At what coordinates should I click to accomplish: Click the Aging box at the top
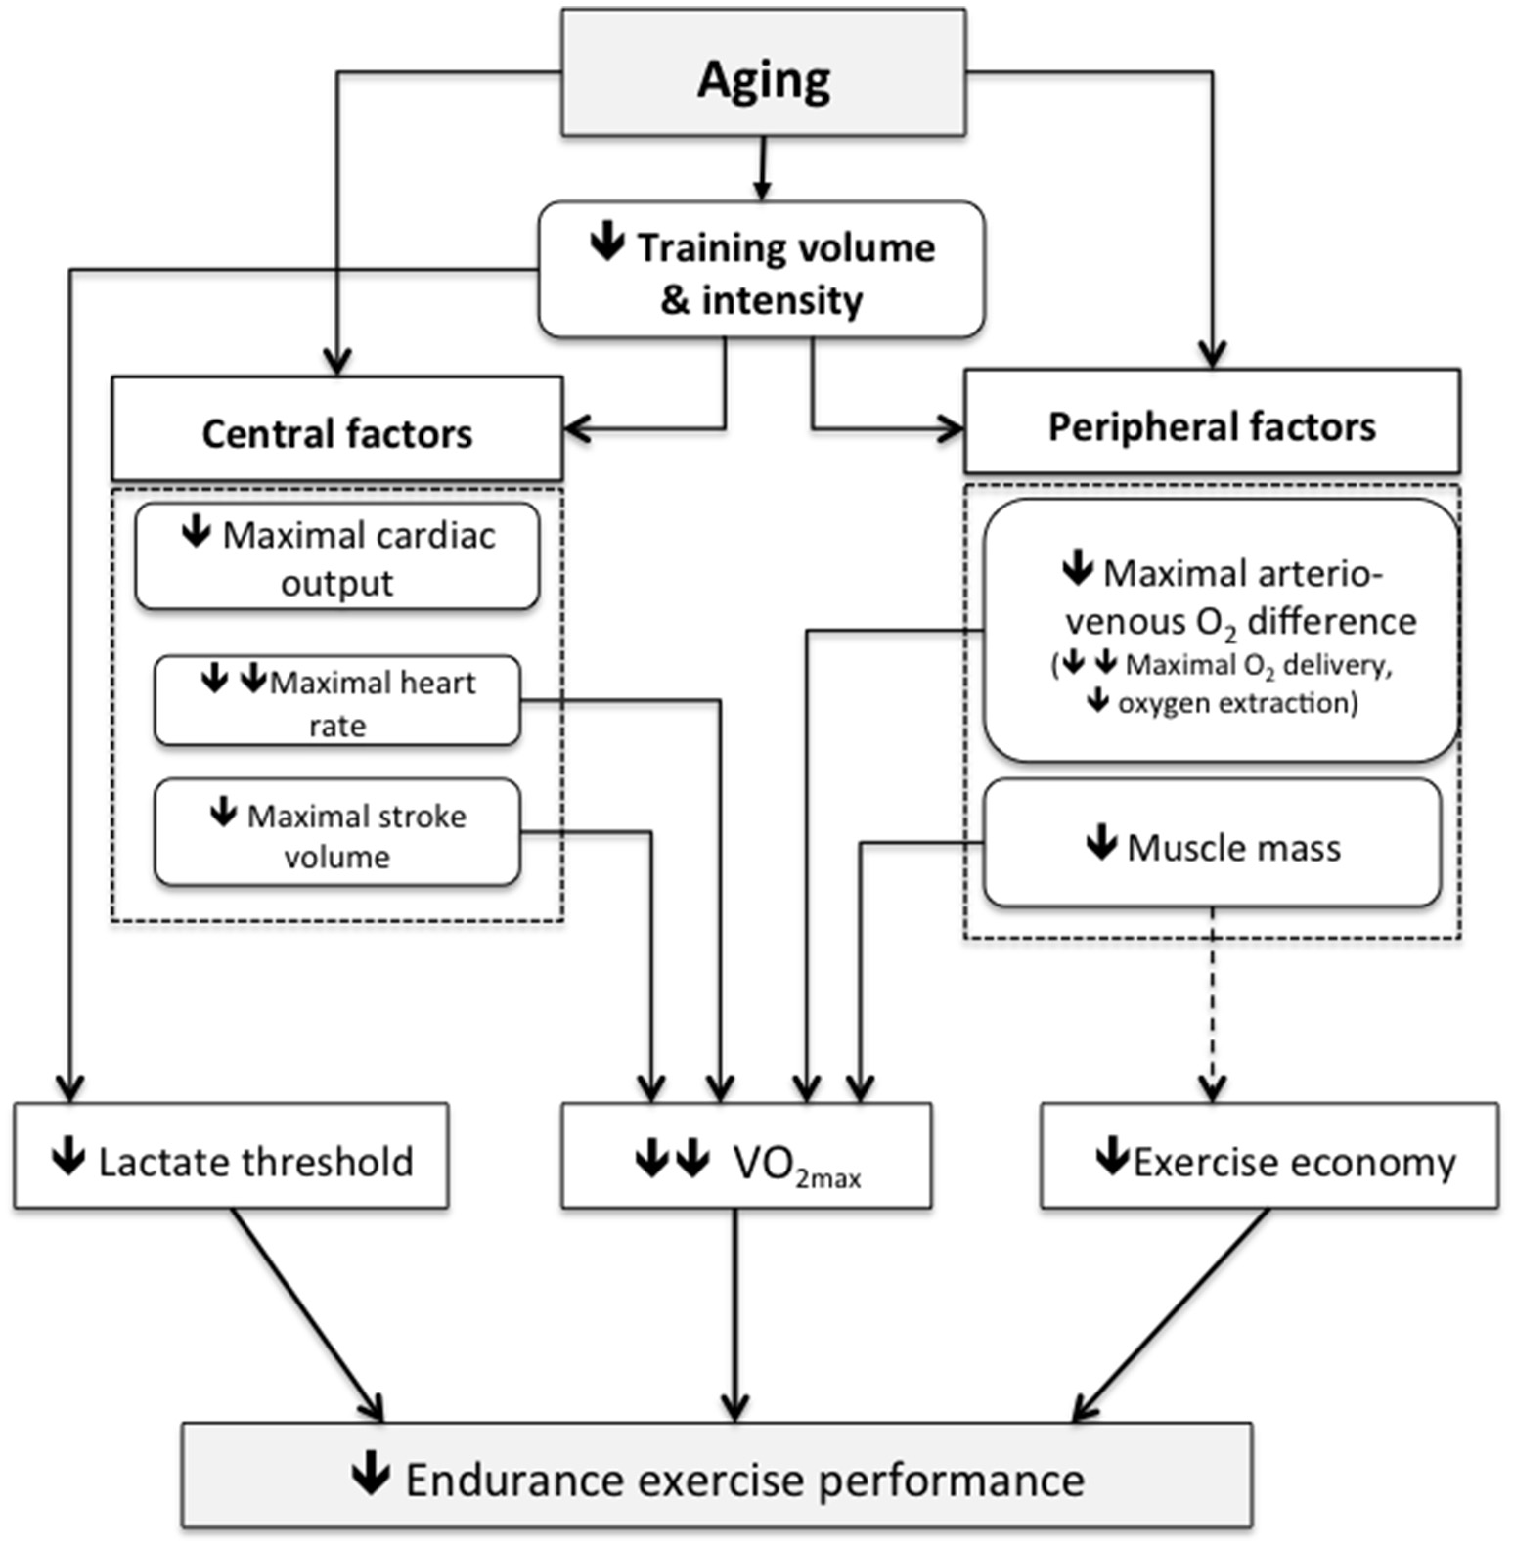click(x=763, y=73)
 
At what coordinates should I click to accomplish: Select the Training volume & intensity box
click(x=761, y=270)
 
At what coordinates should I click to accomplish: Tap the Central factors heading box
click(x=336, y=429)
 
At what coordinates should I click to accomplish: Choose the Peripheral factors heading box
click(x=1211, y=422)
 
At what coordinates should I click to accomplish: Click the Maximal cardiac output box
click(x=336, y=557)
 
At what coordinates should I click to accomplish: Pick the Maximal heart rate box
click(x=336, y=701)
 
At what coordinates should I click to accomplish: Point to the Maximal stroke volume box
click(x=336, y=833)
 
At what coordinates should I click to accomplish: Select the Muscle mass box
click(x=1211, y=844)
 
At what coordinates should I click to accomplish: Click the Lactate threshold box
click(x=231, y=1157)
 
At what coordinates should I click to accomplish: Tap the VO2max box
click(x=746, y=1157)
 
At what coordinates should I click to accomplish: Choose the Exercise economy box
click(x=1268, y=1157)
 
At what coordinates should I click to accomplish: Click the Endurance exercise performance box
click(x=716, y=1476)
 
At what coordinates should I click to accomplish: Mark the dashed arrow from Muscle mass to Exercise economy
click(x=1213, y=1007)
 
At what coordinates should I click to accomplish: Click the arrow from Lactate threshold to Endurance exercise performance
click(x=305, y=1313)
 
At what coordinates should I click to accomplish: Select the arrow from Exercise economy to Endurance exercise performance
click(x=1174, y=1313)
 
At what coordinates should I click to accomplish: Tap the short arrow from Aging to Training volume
click(x=762, y=168)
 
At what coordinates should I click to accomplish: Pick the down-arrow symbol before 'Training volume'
click(x=607, y=241)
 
